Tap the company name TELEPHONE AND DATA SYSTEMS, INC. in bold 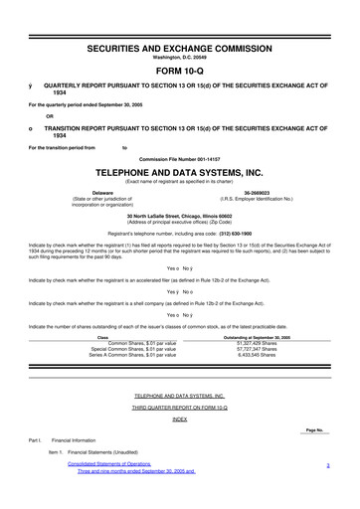click(x=180, y=170)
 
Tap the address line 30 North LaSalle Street click(x=180, y=215)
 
